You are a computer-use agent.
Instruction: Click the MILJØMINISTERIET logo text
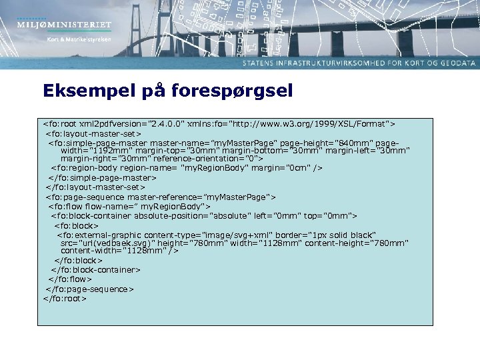click(65, 25)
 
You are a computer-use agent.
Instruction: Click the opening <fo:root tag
click(59, 124)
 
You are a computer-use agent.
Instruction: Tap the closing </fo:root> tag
click(65, 299)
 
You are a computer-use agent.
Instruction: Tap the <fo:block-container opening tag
click(91, 216)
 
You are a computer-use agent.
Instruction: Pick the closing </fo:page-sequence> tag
click(89, 289)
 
